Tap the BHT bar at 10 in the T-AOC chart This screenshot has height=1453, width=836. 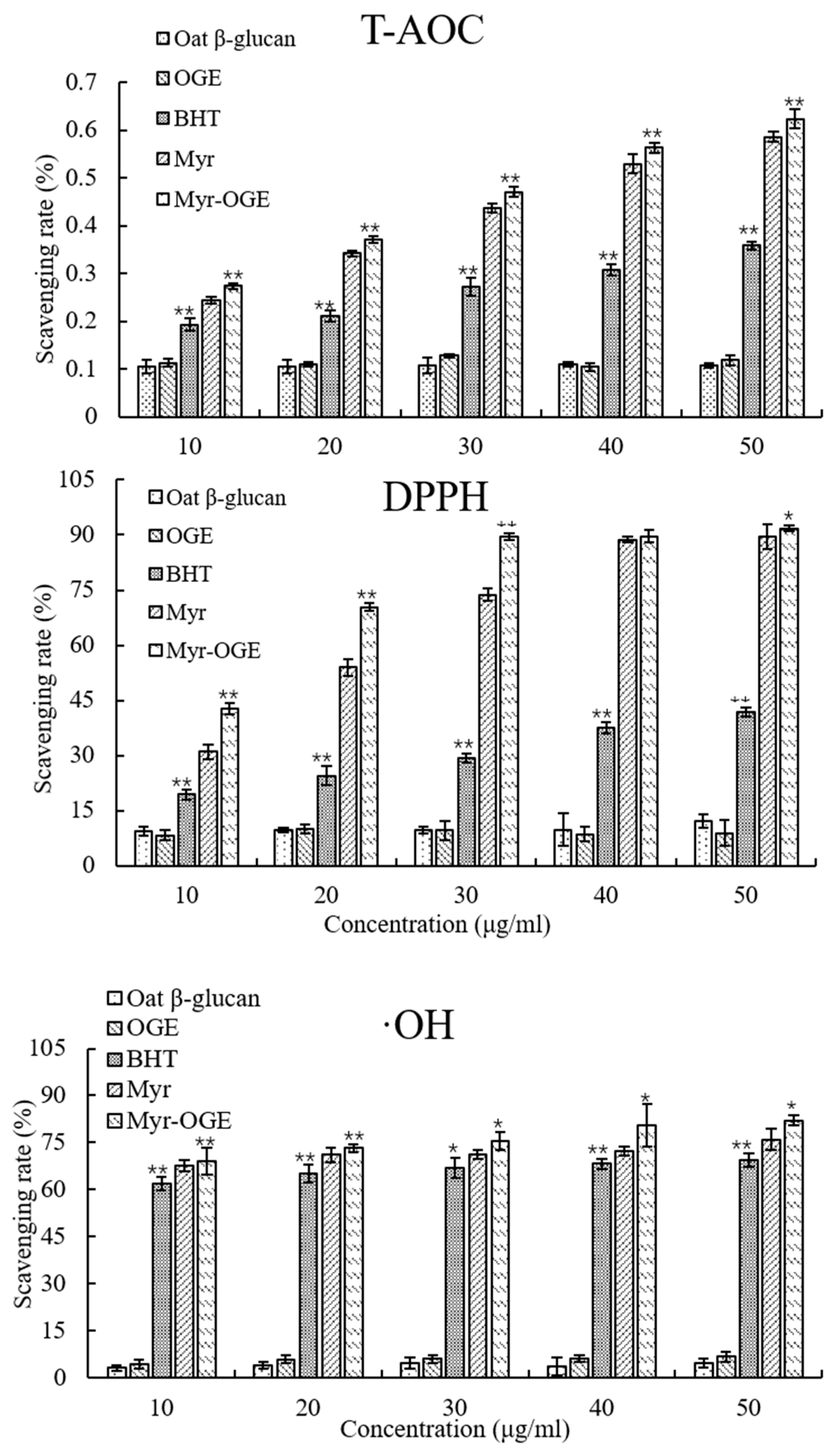click(190, 370)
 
